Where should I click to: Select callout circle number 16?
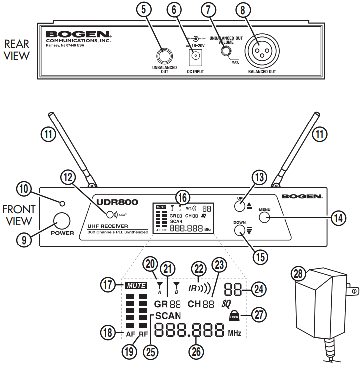coord(182,196)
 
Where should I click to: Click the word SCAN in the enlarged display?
coord(168,316)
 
